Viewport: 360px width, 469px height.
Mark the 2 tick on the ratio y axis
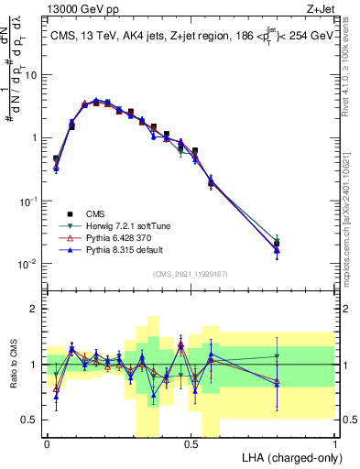click(x=34, y=309)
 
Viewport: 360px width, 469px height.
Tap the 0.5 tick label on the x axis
click(x=191, y=443)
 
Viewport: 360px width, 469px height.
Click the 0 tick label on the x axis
click(x=46, y=443)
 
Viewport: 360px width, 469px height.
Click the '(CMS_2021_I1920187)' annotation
click(x=191, y=273)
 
